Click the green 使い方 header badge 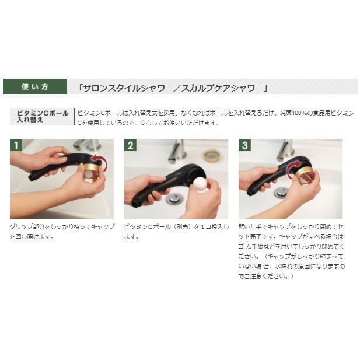[35, 86]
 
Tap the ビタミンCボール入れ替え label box [42, 116]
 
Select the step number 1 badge [16, 145]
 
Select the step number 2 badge [130, 145]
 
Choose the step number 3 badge [244, 145]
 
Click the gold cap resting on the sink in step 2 [211, 156]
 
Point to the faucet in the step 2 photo [177, 151]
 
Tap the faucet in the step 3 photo [285, 149]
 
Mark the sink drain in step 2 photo [173, 198]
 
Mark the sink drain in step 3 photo [281, 192]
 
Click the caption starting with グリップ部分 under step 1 [61, 231]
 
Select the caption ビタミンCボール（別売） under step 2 [176, 231]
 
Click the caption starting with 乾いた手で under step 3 [291, 251]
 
